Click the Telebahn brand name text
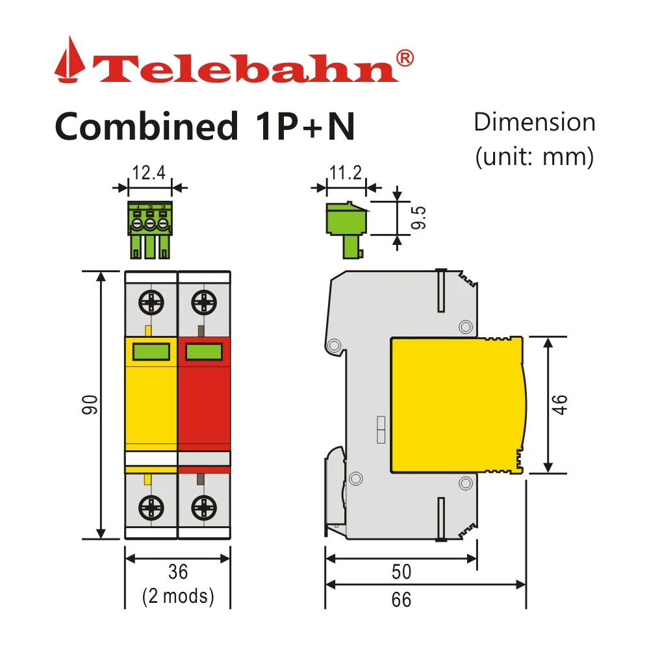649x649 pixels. click(x=247, y=68)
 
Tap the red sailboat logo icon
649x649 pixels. click(x=70, y=60)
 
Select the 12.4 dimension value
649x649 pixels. click(x=149, y=173)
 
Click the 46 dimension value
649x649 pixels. click(x=561, y=405)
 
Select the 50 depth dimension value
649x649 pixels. click(x=401, y=572)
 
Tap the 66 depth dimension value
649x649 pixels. click(x=401, y=599)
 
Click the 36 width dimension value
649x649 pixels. click(x=177, y=572)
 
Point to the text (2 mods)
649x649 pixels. click(x=177, y=596)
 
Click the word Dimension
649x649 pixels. click(x=534, y=122)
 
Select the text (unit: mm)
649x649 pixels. click(x=534, y=157)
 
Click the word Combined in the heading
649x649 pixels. click(x=147, y=126)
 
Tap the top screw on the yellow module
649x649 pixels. click(x=151, y=302)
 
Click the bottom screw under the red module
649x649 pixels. click(x=204, y=507)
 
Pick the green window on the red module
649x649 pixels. click(x=204, y=352)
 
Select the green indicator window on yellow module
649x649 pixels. click(x=151, y=352)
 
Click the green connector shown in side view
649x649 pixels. click(x=345, y=224)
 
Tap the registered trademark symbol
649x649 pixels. click(x=404, y=58)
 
